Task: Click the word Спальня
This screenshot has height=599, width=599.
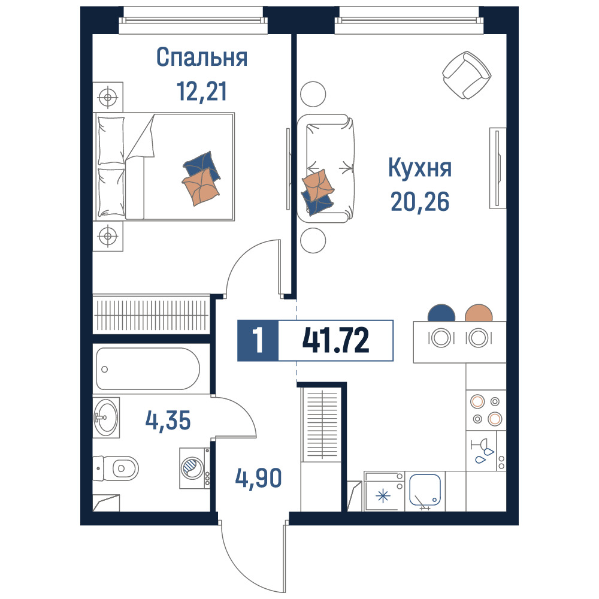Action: click(202, 58)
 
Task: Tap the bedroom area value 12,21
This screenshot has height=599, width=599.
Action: click(202, 91)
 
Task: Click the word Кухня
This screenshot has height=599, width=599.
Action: click(420, 168)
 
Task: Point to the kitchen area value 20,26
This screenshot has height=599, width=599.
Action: click(420, 201)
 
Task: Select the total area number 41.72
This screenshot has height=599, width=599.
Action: click(336, 340)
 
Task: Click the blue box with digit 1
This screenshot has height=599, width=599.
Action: click(258, 340)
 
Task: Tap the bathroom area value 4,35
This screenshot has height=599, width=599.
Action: click(168, 420)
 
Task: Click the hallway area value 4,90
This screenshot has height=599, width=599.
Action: click(258, 478)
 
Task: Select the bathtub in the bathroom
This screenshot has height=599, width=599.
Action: click(147, 368)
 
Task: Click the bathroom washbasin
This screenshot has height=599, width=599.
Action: click(106, 417)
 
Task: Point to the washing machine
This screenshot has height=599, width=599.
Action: click(195, 468)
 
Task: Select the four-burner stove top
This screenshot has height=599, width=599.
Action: click(486, 410)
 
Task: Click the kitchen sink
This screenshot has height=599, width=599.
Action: click(425, 490)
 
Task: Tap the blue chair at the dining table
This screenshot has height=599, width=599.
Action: click(441, 313)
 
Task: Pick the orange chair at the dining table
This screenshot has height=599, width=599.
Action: click(478, 313)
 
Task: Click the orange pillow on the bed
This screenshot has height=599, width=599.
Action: click(201, 186)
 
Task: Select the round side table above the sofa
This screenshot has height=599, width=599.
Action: click(313, 94)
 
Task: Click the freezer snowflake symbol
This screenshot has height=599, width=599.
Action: click(383, 496)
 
